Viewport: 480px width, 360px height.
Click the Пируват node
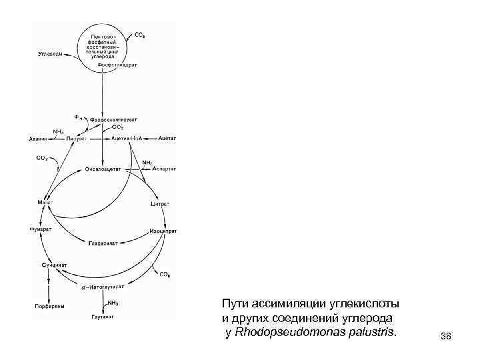click(x=76, y=138)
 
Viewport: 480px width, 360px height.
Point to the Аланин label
click(x=38, y=139)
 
